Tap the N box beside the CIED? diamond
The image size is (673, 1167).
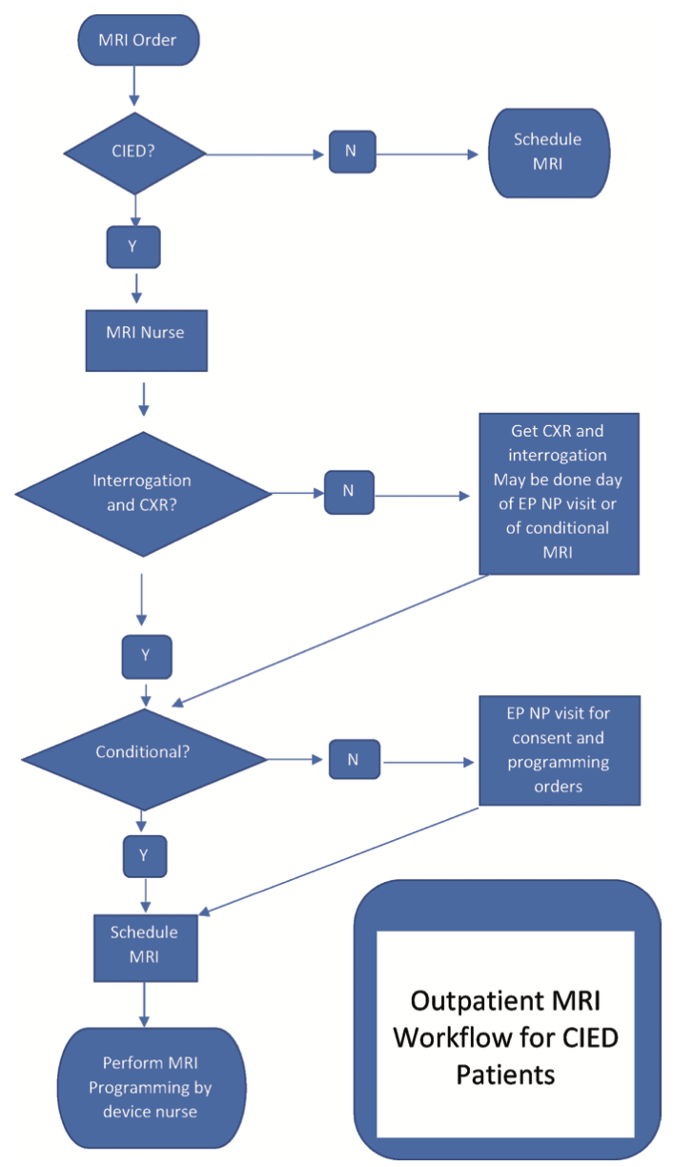tap(352, 153)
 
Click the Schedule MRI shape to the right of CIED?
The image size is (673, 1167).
tap(547, 151)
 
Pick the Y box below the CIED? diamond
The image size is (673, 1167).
tap(133, 246)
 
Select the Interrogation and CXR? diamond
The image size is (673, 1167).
tap(143, 493)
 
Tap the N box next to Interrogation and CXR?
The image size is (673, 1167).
tap(348, 491)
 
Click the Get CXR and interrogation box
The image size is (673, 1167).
tap(559, 493)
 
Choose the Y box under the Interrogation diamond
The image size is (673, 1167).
tap(147, 656)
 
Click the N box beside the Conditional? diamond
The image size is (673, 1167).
tap(353, 761)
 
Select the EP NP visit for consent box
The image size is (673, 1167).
tap(558, 749)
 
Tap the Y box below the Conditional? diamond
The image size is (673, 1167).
tap(144, 855)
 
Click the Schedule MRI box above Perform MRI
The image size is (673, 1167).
tap(144, 948)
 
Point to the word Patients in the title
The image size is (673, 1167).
tap(506, 1075)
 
